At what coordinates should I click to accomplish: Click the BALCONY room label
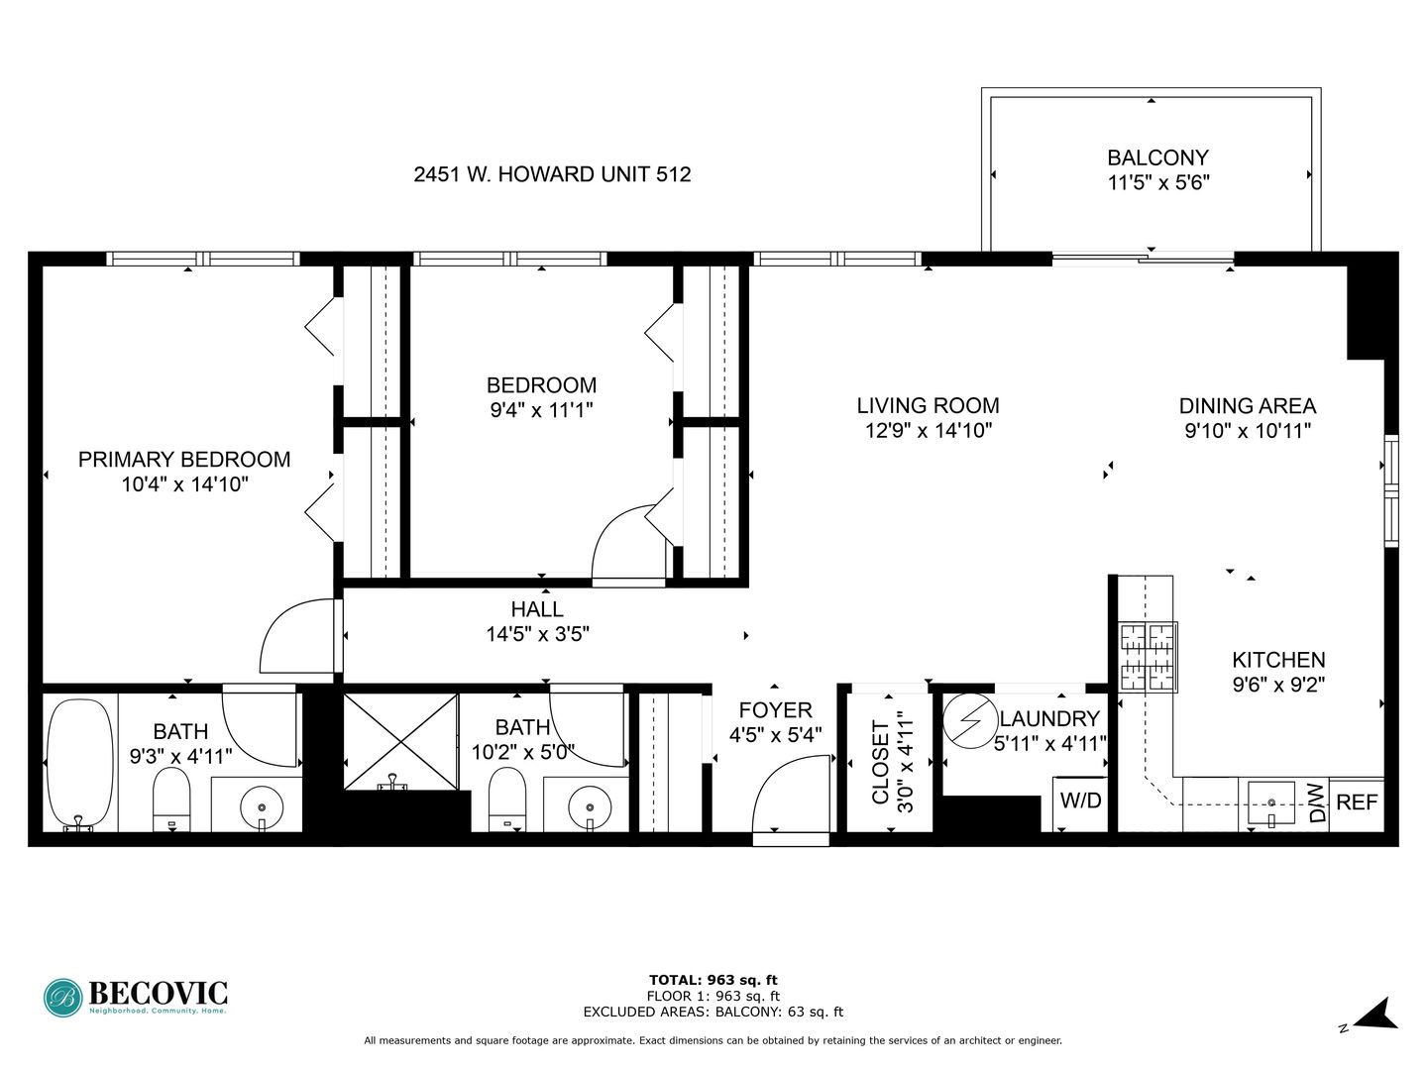[1157, 158]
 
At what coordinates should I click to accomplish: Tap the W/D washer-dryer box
[1080, 803]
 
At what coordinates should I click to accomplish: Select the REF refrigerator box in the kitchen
[1357, 803]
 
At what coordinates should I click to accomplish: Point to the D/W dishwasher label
[1316, 803]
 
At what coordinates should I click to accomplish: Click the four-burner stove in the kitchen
[1148, 657]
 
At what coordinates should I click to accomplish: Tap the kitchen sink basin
[1271, 803]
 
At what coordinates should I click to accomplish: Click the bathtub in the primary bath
[80, 764]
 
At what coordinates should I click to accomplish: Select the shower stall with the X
[401, 742]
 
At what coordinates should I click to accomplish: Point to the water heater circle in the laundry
[970, 721]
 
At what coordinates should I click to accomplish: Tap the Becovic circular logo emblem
[63, 998]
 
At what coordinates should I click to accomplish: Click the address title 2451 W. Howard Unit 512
[552, 174]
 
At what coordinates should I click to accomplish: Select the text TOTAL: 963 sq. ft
[713, 981]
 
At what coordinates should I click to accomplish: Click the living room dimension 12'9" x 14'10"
[928, 430]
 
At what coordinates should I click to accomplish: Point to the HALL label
[537, 609]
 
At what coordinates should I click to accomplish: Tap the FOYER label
[775, 710]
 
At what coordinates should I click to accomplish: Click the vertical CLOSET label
[880, 762]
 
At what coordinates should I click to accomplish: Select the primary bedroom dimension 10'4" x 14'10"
[184, 484]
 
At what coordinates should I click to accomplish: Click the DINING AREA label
[1248, 406]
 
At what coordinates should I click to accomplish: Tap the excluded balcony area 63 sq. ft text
[779, 1012]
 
